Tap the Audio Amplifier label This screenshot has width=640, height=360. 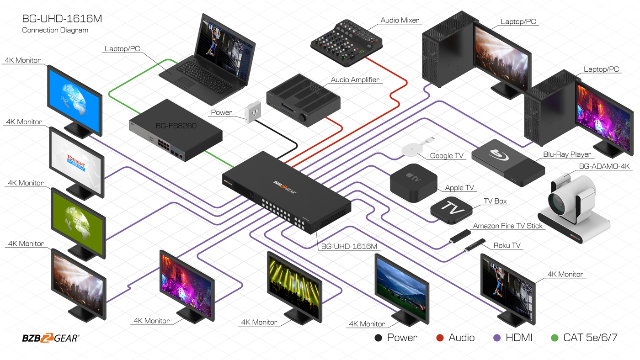pyautogui.click(x=355, y=80)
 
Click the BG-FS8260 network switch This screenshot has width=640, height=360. pyautogui.click(x=176, y=130)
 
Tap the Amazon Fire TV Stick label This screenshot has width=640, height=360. pyautogui.click(x=507, y=226)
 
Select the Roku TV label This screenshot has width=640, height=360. pyautogui.click(x=507, y=245)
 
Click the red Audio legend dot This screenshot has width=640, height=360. pyautogui.click(x=440, y=338)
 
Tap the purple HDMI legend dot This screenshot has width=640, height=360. pyautogui.click(x=497, y=338)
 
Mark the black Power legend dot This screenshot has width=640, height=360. pyautogui.click(x=379, y=338)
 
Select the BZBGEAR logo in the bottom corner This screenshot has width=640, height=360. pyautogui.click(x=50, y=338)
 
